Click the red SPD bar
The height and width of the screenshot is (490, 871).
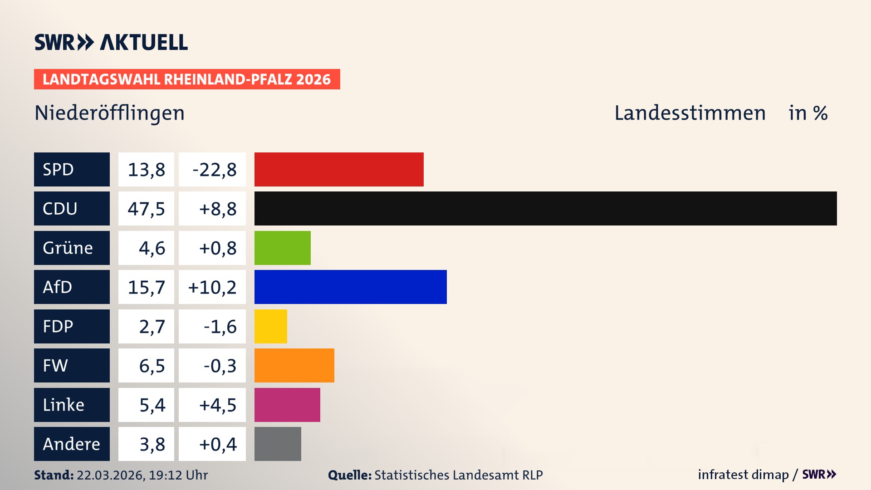click(339, 169)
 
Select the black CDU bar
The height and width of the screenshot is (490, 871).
click(545, 208)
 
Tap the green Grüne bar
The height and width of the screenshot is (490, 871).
click(282, 248)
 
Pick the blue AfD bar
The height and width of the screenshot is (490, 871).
click(350, 287)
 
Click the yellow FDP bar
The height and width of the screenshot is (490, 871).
click(270, 326)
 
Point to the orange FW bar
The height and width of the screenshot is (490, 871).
click(294, 365)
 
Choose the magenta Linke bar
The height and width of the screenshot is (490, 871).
click(287, 405)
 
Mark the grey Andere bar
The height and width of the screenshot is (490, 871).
click(278, 444)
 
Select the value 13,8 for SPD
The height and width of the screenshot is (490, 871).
click(146, 169)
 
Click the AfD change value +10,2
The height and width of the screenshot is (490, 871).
click(212, 287)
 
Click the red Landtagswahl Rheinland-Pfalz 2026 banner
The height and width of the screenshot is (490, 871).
click(187, 79)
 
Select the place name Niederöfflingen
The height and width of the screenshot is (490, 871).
click(109, 113)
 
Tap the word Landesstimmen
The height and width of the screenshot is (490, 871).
click(690, 113)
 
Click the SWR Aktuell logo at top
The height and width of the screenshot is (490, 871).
click(111, 42)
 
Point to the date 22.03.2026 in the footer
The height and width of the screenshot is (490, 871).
click(110, 475)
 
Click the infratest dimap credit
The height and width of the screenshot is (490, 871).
click(743, 475)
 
